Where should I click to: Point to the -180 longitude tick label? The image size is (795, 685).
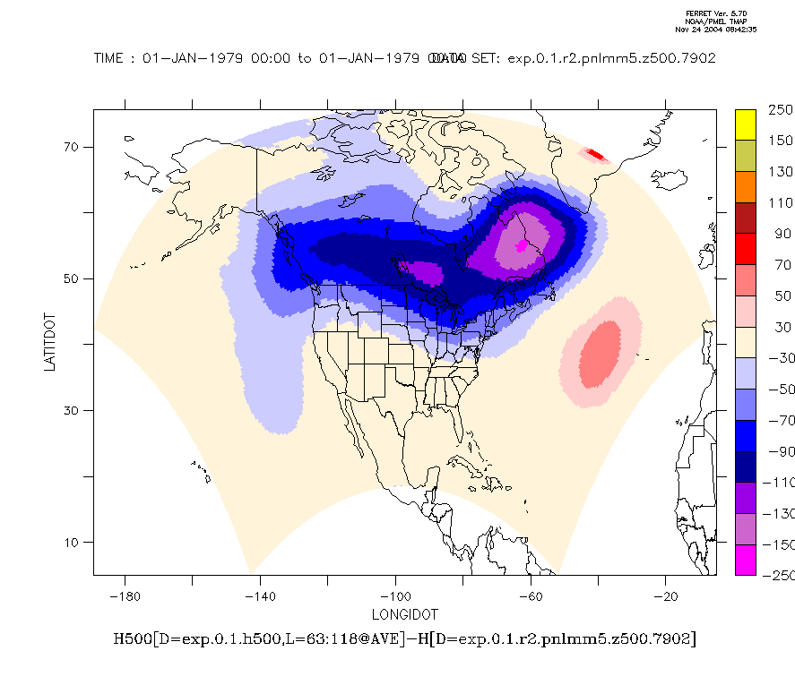pos(125,596)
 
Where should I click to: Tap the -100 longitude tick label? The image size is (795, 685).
pos(395,596)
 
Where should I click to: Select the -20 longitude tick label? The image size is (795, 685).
pos(665,596)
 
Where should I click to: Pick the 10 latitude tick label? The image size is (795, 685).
pos(72,542)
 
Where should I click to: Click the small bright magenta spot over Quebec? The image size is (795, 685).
pos(523,245)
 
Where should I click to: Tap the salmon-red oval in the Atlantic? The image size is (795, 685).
pos(600,352)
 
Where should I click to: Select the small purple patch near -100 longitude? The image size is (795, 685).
pos(422,271)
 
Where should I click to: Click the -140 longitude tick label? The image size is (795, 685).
pos(260,596)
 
